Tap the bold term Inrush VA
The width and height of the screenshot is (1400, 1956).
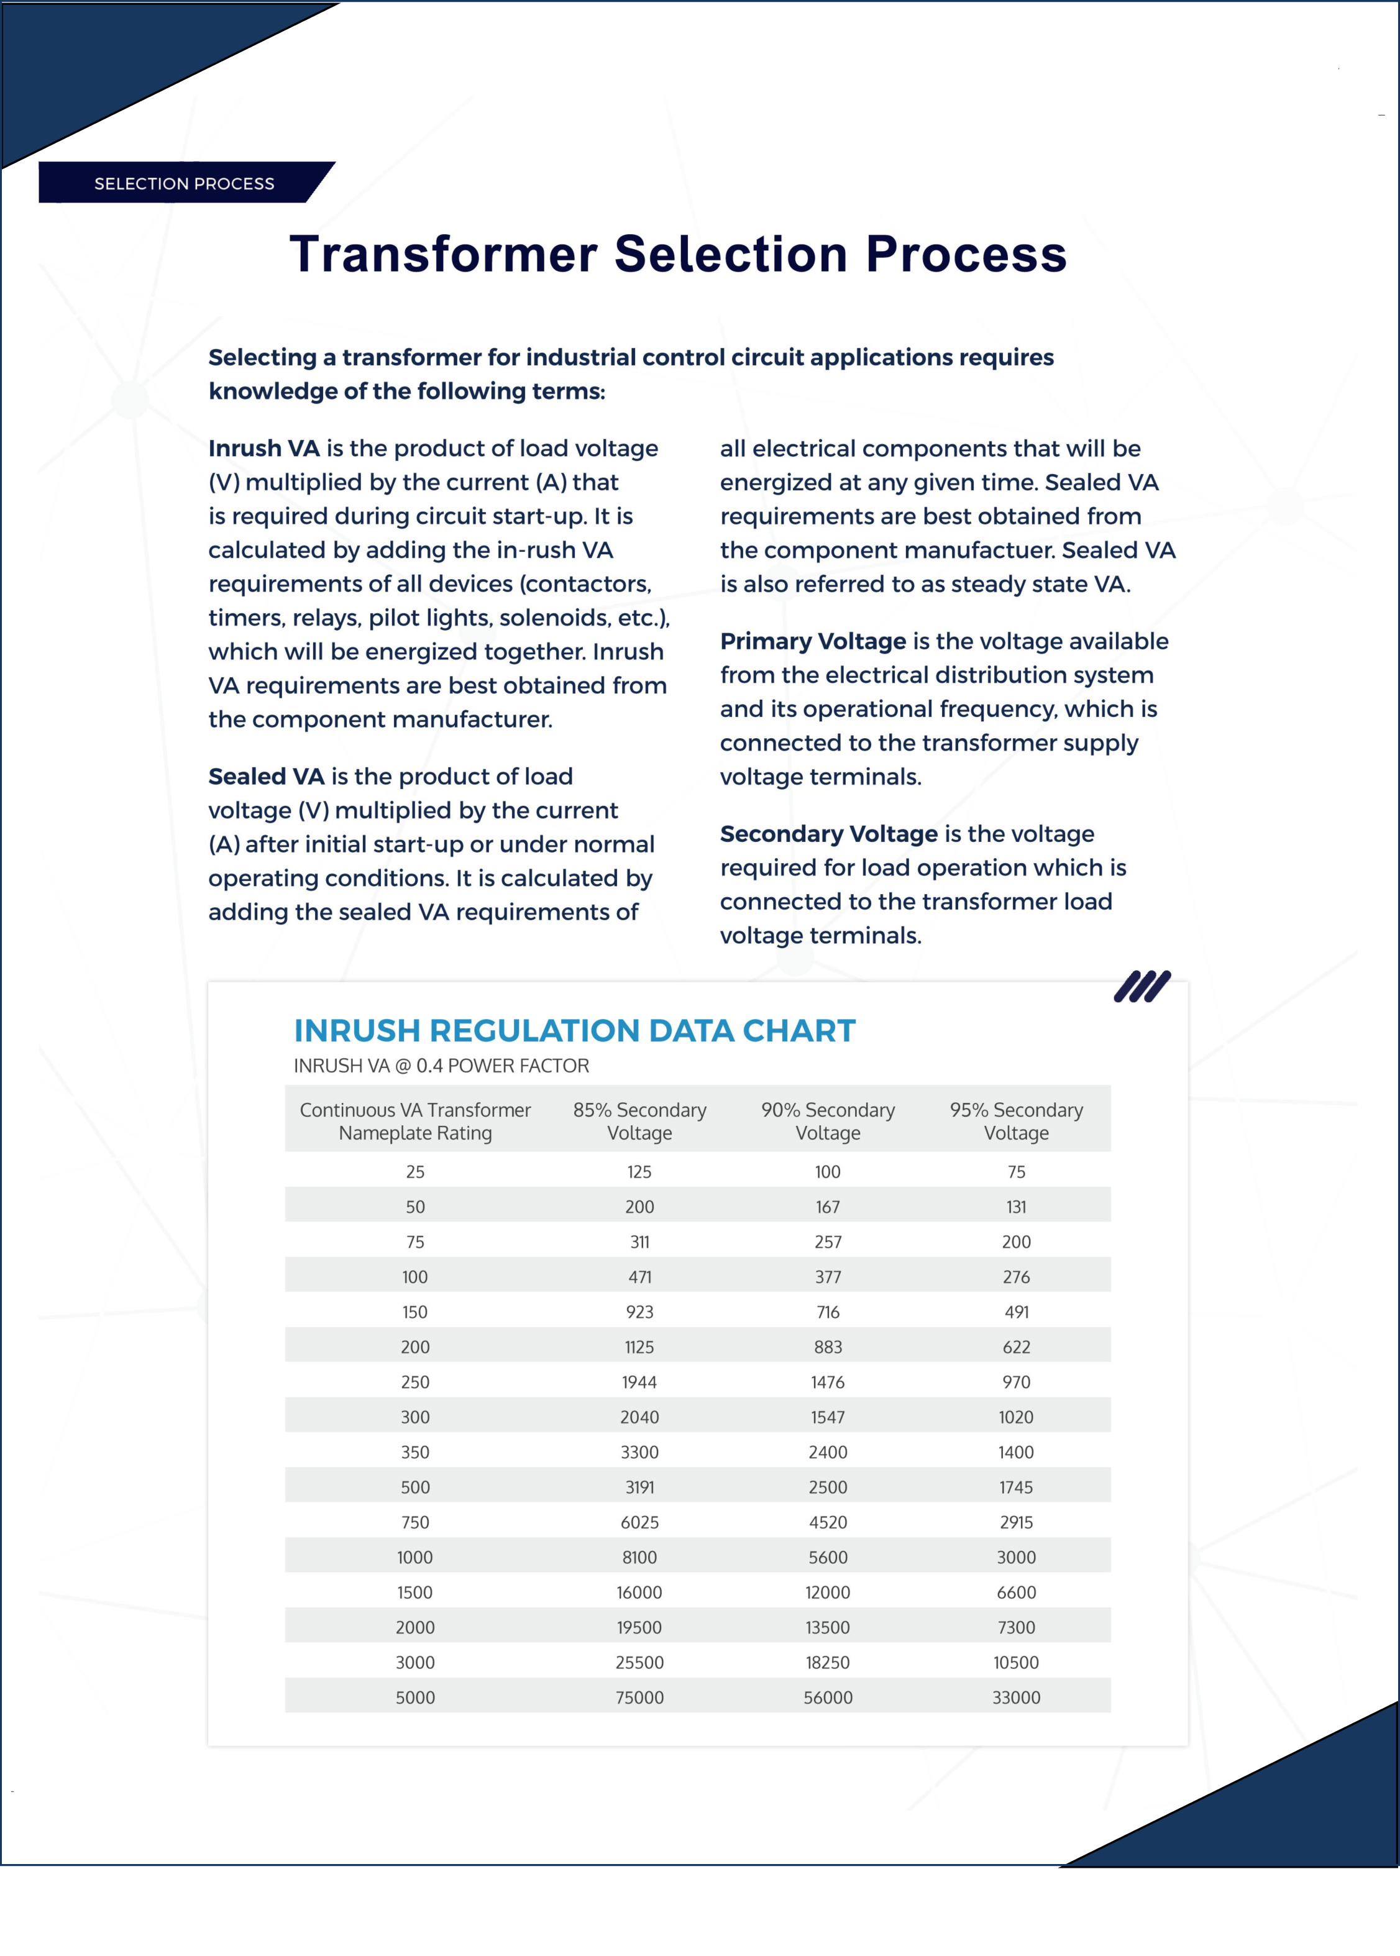264,448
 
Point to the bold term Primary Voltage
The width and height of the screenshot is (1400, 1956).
812,641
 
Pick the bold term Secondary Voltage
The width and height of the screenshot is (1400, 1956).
828,834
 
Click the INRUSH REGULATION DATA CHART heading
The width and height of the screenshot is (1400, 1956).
574,1030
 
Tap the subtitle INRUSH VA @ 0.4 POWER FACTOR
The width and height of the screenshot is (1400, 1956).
441,1066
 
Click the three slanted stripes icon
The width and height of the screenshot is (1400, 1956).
1142,986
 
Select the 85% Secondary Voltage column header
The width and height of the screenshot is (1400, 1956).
639,1121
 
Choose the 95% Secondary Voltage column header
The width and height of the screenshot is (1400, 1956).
1017,1121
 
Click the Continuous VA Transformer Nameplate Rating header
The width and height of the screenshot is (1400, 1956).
414,1121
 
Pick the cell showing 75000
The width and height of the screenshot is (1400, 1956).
639,1698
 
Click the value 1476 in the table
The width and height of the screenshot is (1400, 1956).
828,1382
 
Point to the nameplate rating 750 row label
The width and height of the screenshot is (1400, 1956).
414,1522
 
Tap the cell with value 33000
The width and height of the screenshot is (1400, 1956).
1017,1698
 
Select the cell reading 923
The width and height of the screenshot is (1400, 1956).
639,1312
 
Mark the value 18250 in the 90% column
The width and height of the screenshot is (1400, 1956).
828,1662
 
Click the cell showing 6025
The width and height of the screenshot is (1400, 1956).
639,1522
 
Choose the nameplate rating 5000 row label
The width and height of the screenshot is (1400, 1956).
414,1698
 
